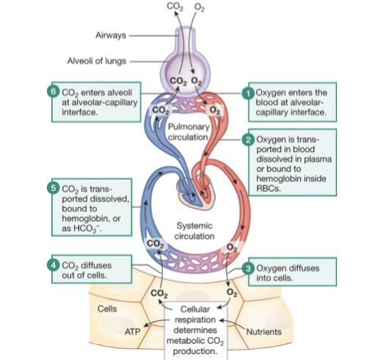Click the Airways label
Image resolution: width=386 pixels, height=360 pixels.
point(110,35)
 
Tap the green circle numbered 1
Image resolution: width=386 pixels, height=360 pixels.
point(248,92)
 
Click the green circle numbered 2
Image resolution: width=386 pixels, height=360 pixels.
point(248,139)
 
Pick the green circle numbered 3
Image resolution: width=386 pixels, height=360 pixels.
point(248,268)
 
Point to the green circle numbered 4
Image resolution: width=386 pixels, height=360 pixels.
point(52,262)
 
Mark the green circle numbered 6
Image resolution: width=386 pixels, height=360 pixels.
point(52,92)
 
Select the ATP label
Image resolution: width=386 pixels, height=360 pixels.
point(132,332)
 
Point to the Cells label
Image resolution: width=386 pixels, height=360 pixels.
point(108,308)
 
